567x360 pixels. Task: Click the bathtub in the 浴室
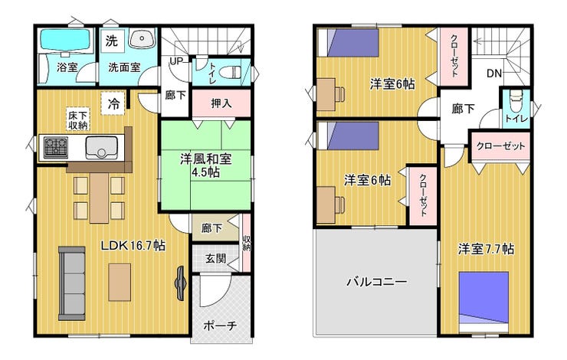(65, 39)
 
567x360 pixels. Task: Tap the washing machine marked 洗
(112, 41)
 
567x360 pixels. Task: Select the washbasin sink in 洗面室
(142, 38)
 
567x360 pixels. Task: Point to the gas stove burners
(56, 147)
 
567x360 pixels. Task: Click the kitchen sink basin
(102, 148)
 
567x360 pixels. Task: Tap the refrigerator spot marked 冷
(113, 103)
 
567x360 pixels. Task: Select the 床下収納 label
(77, 120)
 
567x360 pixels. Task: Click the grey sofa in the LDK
(71, 283)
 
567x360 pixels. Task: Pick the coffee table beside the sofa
(120, 282)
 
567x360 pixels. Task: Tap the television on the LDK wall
(180, 283)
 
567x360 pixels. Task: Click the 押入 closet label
(221, 103)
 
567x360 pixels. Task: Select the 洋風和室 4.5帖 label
(206, 165)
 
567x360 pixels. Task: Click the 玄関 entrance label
(215, 258)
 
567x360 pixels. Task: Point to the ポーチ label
(220, 326)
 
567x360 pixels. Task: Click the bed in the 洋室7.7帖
(483, 302)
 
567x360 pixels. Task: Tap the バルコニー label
(377, 282)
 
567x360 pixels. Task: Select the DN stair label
(494, 74)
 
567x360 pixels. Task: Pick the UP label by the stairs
(176, 61)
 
